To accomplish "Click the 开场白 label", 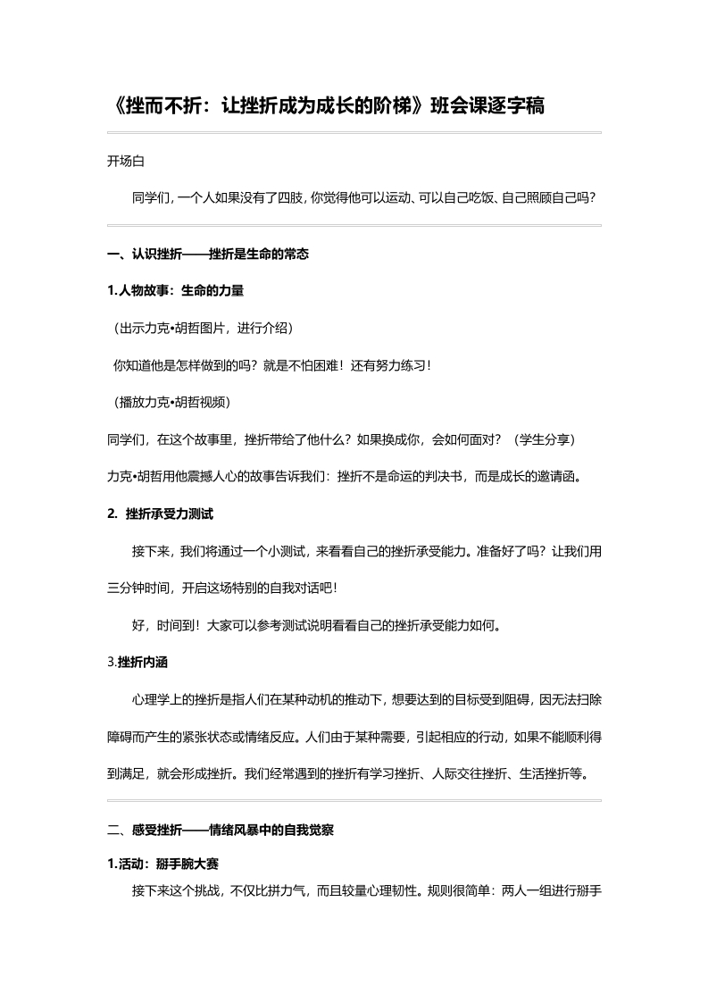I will point(125,161).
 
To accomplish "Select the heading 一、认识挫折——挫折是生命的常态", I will point(207,254).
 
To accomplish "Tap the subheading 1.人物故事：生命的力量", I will point(175,290).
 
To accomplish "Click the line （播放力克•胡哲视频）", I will point(170,402).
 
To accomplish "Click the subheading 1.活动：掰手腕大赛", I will point(162,864).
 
